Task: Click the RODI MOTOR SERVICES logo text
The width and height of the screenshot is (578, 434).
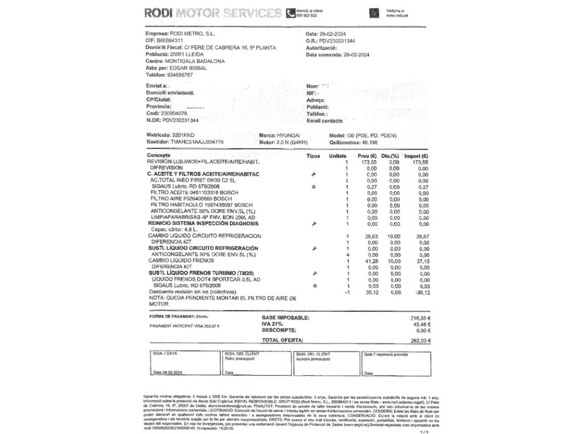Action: [x=213, y=13]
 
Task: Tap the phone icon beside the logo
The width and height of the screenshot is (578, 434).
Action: [x=291, y=13]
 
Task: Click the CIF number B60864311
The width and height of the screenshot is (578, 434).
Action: [x=170, y=41]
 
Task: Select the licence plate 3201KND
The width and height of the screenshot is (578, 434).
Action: [x=183, y=135]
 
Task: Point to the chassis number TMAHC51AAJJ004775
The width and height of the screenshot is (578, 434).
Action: [x=197, y=142]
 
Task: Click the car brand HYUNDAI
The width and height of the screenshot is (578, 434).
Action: [x=288, y=135]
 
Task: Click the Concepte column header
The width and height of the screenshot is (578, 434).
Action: [x=159, y=155]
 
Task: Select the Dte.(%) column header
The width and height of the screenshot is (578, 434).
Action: [x=390, y=156]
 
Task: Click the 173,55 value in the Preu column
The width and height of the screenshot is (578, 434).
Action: [x=369, y=162]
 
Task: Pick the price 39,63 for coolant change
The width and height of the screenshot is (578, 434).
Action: [x=371, y=236]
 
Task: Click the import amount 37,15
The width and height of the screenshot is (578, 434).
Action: [x=423, y=261]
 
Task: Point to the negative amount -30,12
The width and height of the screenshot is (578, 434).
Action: [x=422, y=293]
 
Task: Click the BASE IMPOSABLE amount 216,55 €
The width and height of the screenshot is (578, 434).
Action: [x=420, y=318]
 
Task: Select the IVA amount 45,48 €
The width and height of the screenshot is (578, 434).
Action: [x=421, y=324]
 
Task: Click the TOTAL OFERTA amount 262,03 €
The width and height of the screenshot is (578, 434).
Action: [x=421, y=341]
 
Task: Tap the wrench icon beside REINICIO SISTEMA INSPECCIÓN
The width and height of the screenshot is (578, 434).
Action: [x=314, y=223]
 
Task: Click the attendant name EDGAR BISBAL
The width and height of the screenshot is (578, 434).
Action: [x=188, y=68]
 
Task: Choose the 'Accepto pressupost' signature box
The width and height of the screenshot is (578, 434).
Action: [x=327, y=364]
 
